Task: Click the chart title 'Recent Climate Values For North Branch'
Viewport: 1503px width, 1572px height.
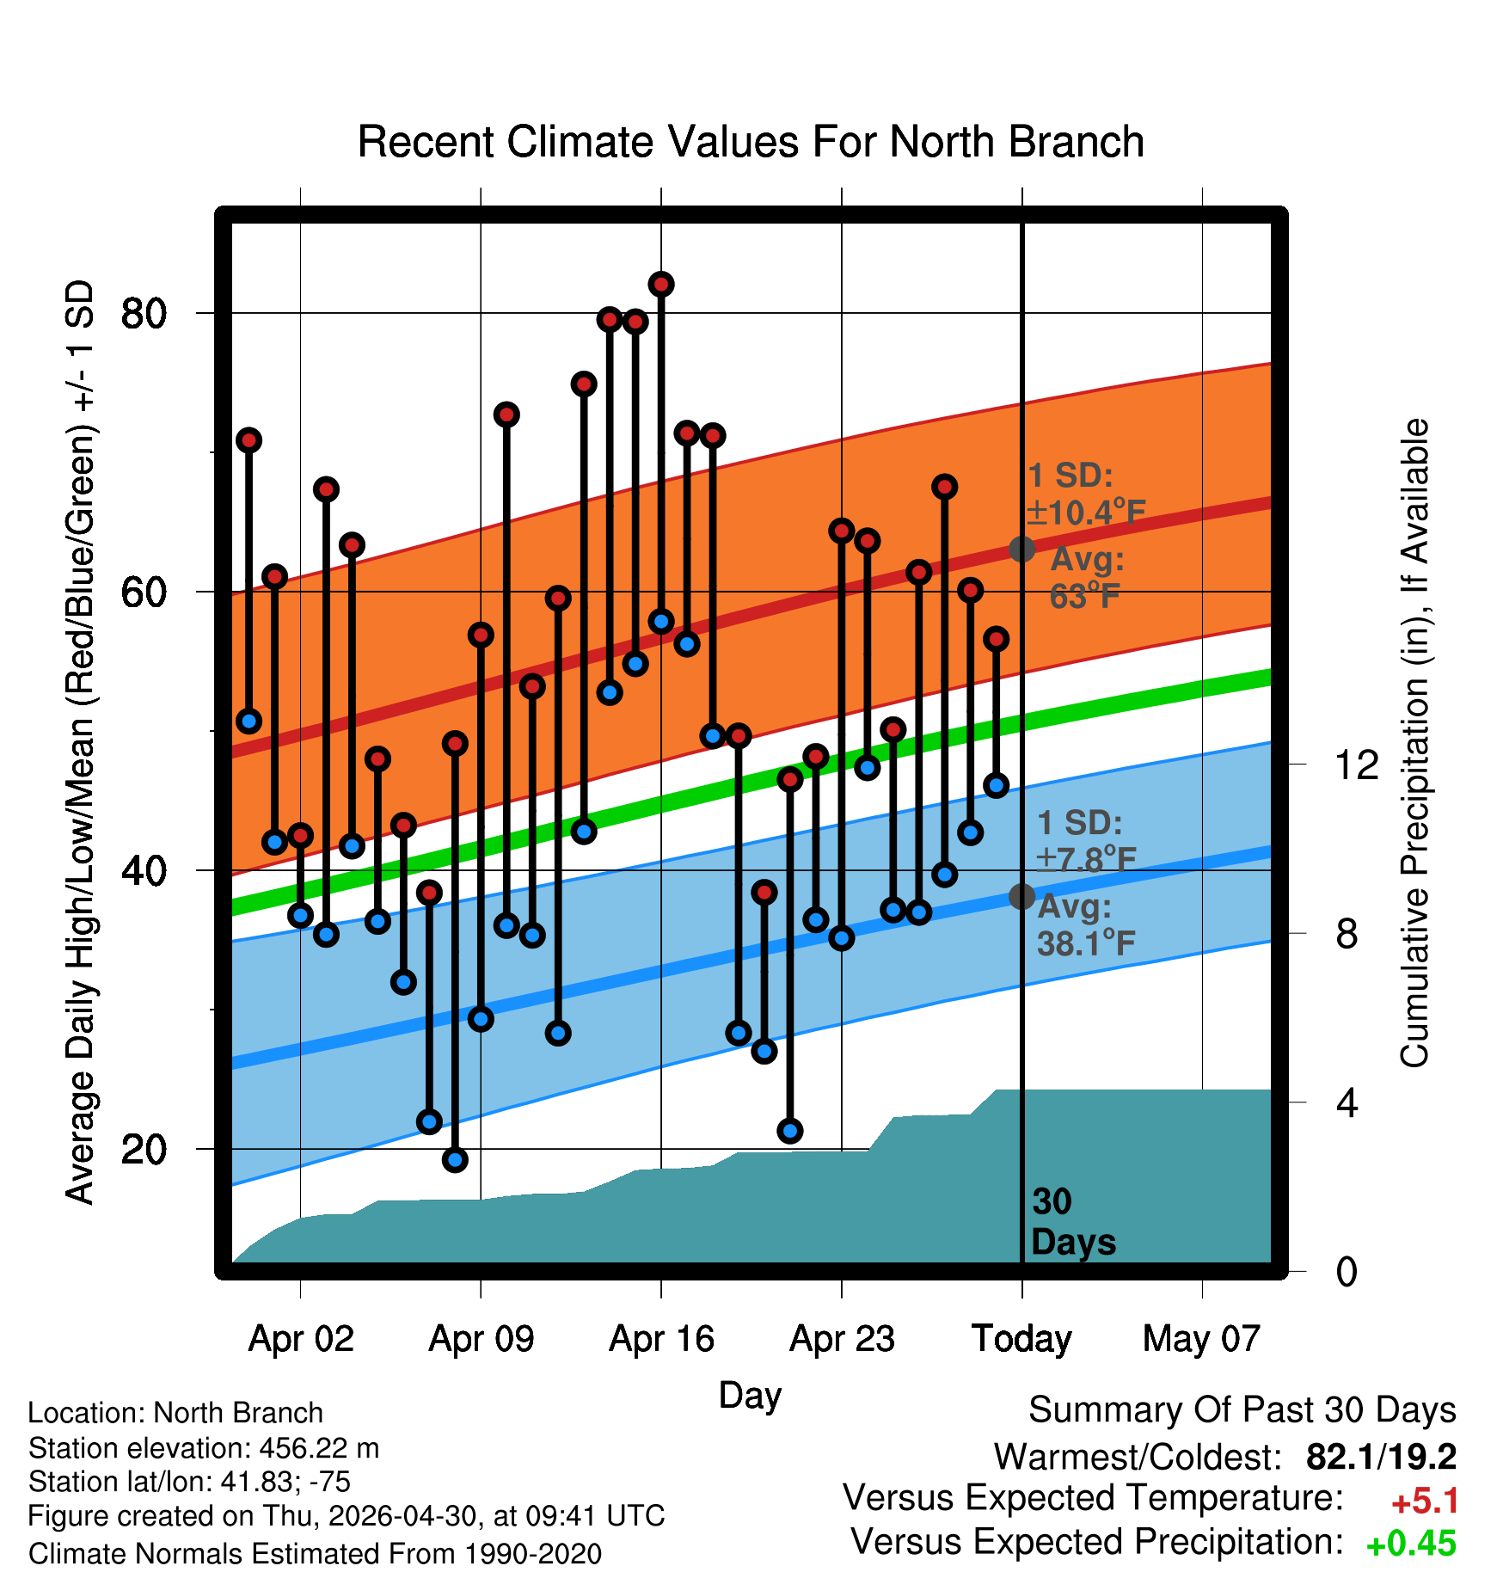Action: click(x=751, y=142)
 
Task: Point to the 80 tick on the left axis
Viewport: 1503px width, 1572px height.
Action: click(x=144, y=313)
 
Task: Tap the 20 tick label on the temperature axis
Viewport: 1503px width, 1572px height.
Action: click(x=144, y=1149)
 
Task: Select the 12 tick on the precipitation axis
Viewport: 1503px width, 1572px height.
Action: click(x=1357, y=765)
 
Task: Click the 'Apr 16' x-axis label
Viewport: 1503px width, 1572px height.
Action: click(x=661, y=1339)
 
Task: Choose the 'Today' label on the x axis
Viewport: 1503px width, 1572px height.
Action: click(x=1021, y=1339)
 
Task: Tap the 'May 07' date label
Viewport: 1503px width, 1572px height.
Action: click(x=1201, y=1339)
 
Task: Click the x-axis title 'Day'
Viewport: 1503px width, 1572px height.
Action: click(x=750, y=1395)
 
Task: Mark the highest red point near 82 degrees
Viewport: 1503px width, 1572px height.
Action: click(x=661, y=285)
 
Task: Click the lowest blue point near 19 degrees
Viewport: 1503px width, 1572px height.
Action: click(x=455, y=1160)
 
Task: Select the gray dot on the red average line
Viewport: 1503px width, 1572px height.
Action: click(x=1021, y=549)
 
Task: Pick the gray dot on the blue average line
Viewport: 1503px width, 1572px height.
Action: click(x=1021, y=896)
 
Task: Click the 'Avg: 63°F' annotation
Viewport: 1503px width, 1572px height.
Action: click(x=1087, y=577)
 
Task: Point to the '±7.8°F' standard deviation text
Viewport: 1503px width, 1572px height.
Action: click(x=1087, y=858)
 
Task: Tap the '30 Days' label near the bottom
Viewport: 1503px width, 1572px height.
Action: click(x=1072, y=1222)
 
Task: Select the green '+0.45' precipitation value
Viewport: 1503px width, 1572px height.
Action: click(x=1412, y=1544)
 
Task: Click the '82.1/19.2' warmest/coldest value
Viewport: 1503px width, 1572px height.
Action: click(x=1381, y=1457)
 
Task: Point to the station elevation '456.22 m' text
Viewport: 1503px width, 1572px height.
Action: click(x=319, y=1448)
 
